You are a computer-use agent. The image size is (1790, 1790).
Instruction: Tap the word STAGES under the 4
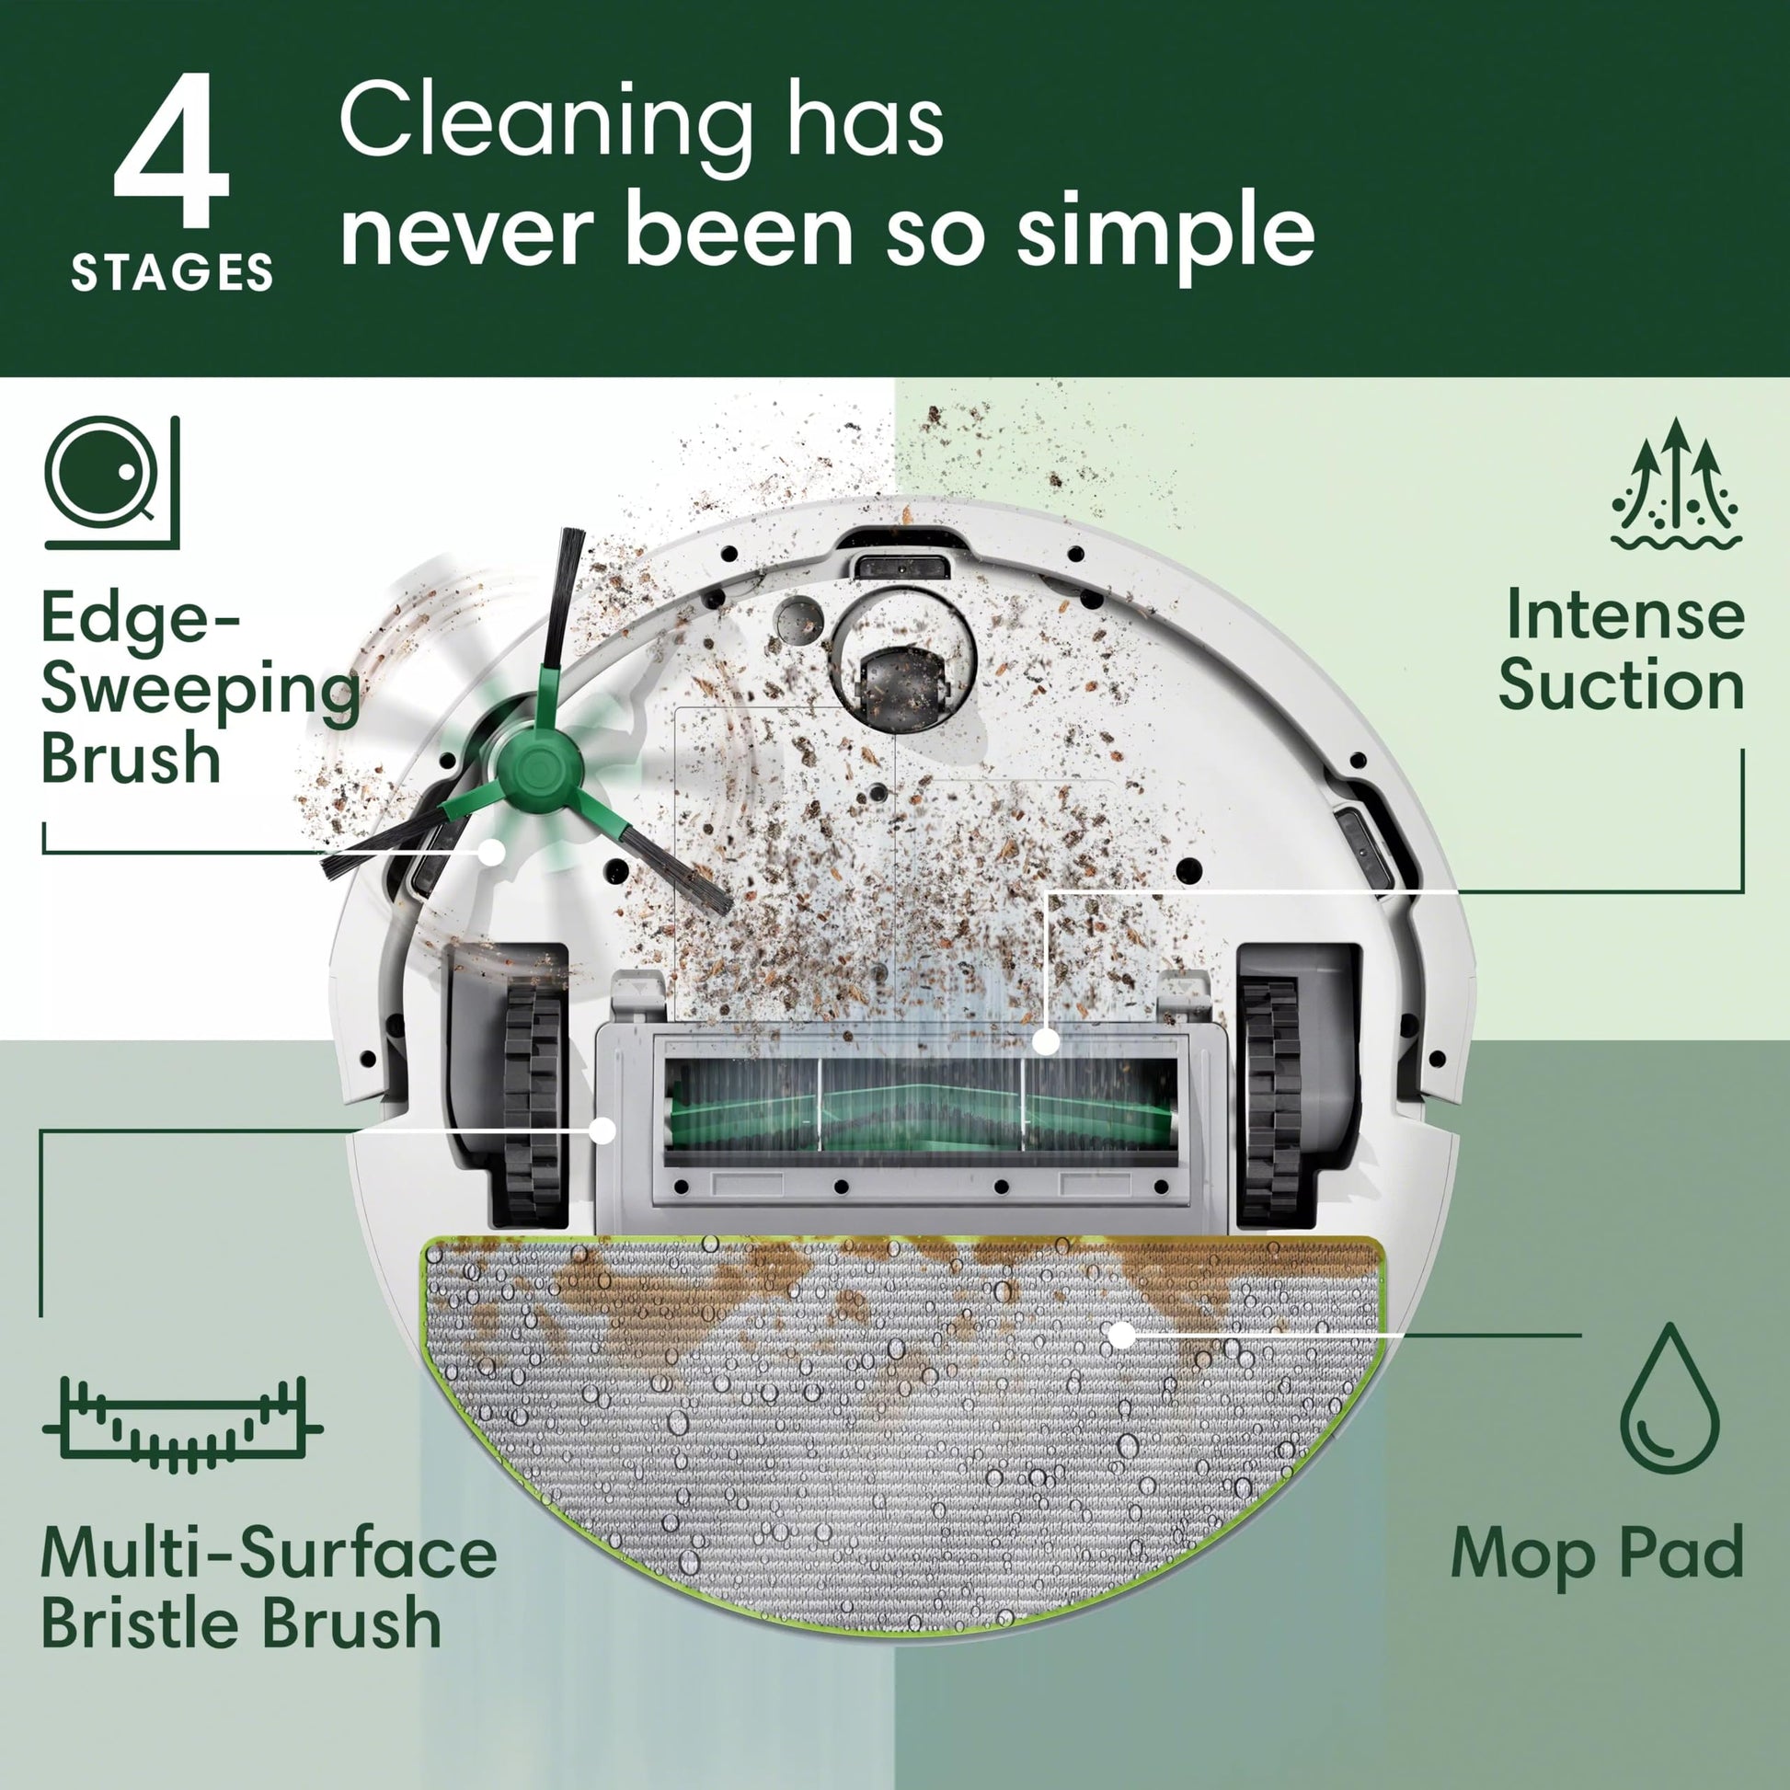tap(172, 273)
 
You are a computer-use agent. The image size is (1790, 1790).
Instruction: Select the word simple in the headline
tap(1165, 235)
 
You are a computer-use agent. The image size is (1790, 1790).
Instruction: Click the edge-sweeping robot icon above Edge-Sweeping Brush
tap(111, 482)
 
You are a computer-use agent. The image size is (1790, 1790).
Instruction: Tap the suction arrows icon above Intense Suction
tap(1675, 484)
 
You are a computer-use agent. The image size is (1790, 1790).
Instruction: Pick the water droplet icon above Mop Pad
tap(1670, 1399)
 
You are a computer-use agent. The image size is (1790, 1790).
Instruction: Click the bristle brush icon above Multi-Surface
tap(182, 1425)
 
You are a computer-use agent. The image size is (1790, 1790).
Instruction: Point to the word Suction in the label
tap(1622, 686)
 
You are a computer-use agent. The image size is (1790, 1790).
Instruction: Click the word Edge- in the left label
tap(141, 619)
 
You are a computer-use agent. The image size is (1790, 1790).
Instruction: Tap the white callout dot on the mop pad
tap(1122, 1335)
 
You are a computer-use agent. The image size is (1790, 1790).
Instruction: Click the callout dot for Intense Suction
tap(1046, 1041)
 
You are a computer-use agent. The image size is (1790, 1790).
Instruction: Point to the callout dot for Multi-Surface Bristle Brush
tap(603, 1130)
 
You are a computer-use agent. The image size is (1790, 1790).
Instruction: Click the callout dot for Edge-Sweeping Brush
tap(492, 853)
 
